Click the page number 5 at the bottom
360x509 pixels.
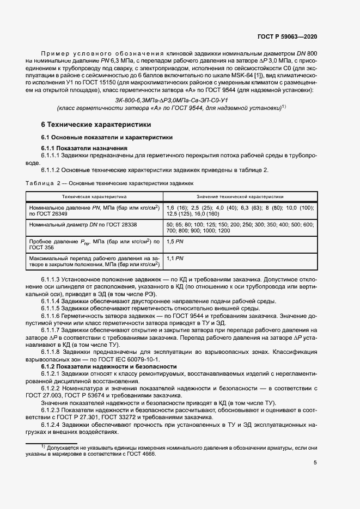click(x=315, y=463)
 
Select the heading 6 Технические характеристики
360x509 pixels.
click(x=89, y=124)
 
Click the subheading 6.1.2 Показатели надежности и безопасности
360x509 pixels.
click(x=109, y=367)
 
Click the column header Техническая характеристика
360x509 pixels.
click(x=94, y=195)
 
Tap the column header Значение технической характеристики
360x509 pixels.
click(x=240, y=195)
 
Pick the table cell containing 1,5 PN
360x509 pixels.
click(x=175, y=241)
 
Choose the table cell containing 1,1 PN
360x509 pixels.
click(x=175, y=257)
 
